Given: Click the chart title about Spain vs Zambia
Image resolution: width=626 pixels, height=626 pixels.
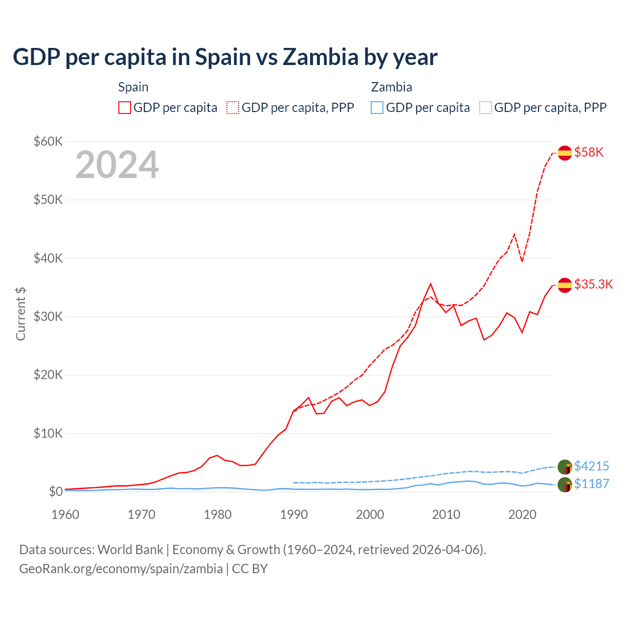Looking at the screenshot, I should pos(225,57).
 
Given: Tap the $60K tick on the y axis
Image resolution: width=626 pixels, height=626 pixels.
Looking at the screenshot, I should pos(48,142).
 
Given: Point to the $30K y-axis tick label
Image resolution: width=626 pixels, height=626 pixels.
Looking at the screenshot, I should pos(48,317).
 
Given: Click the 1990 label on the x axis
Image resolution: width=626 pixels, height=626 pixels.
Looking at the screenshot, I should pos(294,514).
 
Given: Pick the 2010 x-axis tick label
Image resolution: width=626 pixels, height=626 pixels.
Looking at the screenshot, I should pos(446,514).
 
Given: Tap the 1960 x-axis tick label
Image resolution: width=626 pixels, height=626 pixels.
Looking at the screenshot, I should pos(66,514).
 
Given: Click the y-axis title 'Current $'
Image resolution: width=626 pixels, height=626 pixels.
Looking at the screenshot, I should pos(21,314).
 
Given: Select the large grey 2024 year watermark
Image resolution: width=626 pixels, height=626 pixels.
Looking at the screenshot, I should pos(117,165).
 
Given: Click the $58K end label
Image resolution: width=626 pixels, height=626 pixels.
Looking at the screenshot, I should pos(589,153).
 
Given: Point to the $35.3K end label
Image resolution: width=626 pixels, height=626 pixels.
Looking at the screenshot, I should pos(593,285).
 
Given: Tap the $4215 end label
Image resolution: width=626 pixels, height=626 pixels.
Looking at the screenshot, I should pos(591,466).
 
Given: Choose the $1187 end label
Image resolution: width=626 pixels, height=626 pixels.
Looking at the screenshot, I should pos(591,484).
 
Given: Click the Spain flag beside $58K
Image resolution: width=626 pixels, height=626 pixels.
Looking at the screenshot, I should pos(565,153).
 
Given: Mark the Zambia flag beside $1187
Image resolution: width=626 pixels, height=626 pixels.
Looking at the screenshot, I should pos(565,485).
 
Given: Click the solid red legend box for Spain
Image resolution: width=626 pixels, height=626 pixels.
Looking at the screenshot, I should pos(125,108).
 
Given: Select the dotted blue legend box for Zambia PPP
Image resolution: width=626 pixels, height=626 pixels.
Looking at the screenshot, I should pos(486,108).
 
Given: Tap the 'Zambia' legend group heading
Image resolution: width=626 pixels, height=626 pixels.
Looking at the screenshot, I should pos(391,87).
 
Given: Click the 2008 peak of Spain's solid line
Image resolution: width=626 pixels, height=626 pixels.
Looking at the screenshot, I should pos(430,284).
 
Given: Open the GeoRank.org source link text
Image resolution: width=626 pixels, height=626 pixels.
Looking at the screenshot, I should pos(121,569).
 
